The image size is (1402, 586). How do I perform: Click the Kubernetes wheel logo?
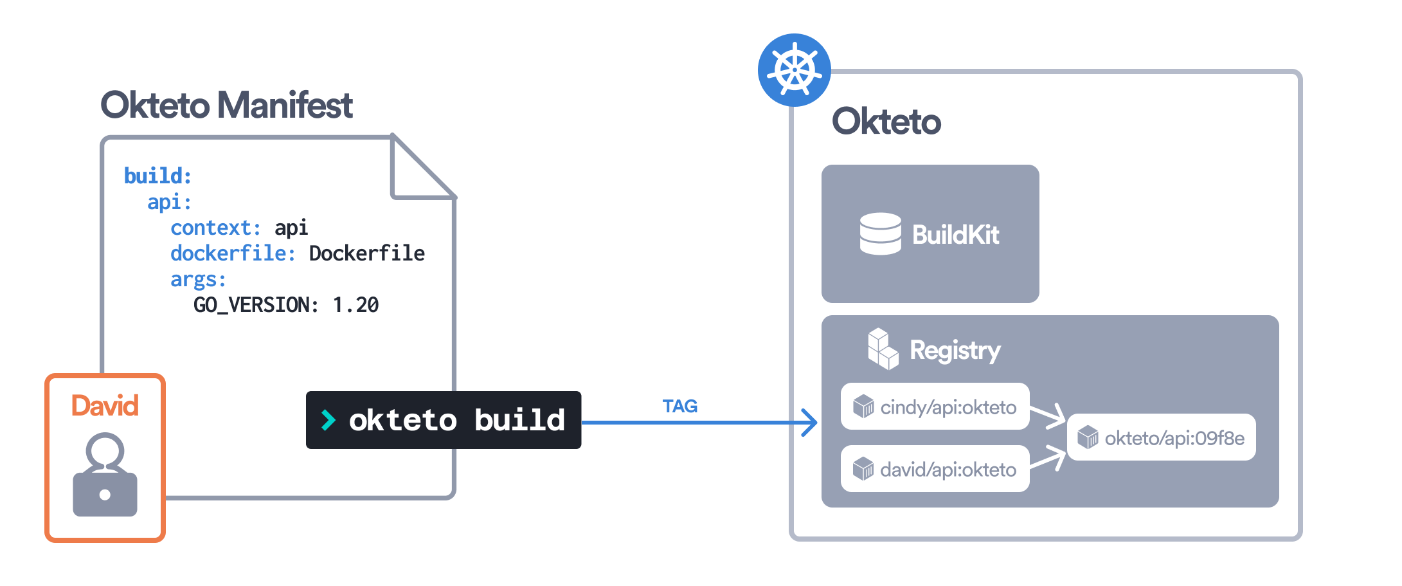[x=795, y=70]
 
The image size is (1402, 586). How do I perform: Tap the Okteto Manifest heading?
[x=226, y=105]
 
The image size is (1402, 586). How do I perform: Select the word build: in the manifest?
[x=157, y=176]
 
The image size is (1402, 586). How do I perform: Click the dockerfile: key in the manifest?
[x=233, y=253]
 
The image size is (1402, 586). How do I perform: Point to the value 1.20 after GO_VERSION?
[x=355, y=305]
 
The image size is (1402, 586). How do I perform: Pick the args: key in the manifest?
[x=198, y=279]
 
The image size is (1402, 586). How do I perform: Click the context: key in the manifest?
[x=215, y=228]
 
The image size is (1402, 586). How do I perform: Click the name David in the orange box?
[x=105, y=406]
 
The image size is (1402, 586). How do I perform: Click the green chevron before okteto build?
[x=328, y=420]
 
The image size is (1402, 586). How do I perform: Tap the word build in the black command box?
[x=519, y=420]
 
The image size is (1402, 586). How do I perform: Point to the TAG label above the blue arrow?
[x=679, y=407]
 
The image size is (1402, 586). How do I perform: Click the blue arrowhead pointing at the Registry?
[x=809, y=423]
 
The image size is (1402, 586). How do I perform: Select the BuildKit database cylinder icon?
[x=880, y=233]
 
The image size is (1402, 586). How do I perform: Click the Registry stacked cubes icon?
[x=882, y=349]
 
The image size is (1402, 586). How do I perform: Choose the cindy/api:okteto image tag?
[x=935, y=407]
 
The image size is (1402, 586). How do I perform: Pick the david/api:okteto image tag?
[x=935, y=469]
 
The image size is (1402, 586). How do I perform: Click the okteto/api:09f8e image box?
[x=1161, y=437]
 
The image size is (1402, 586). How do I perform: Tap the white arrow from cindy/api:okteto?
[x=1048, y=415]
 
